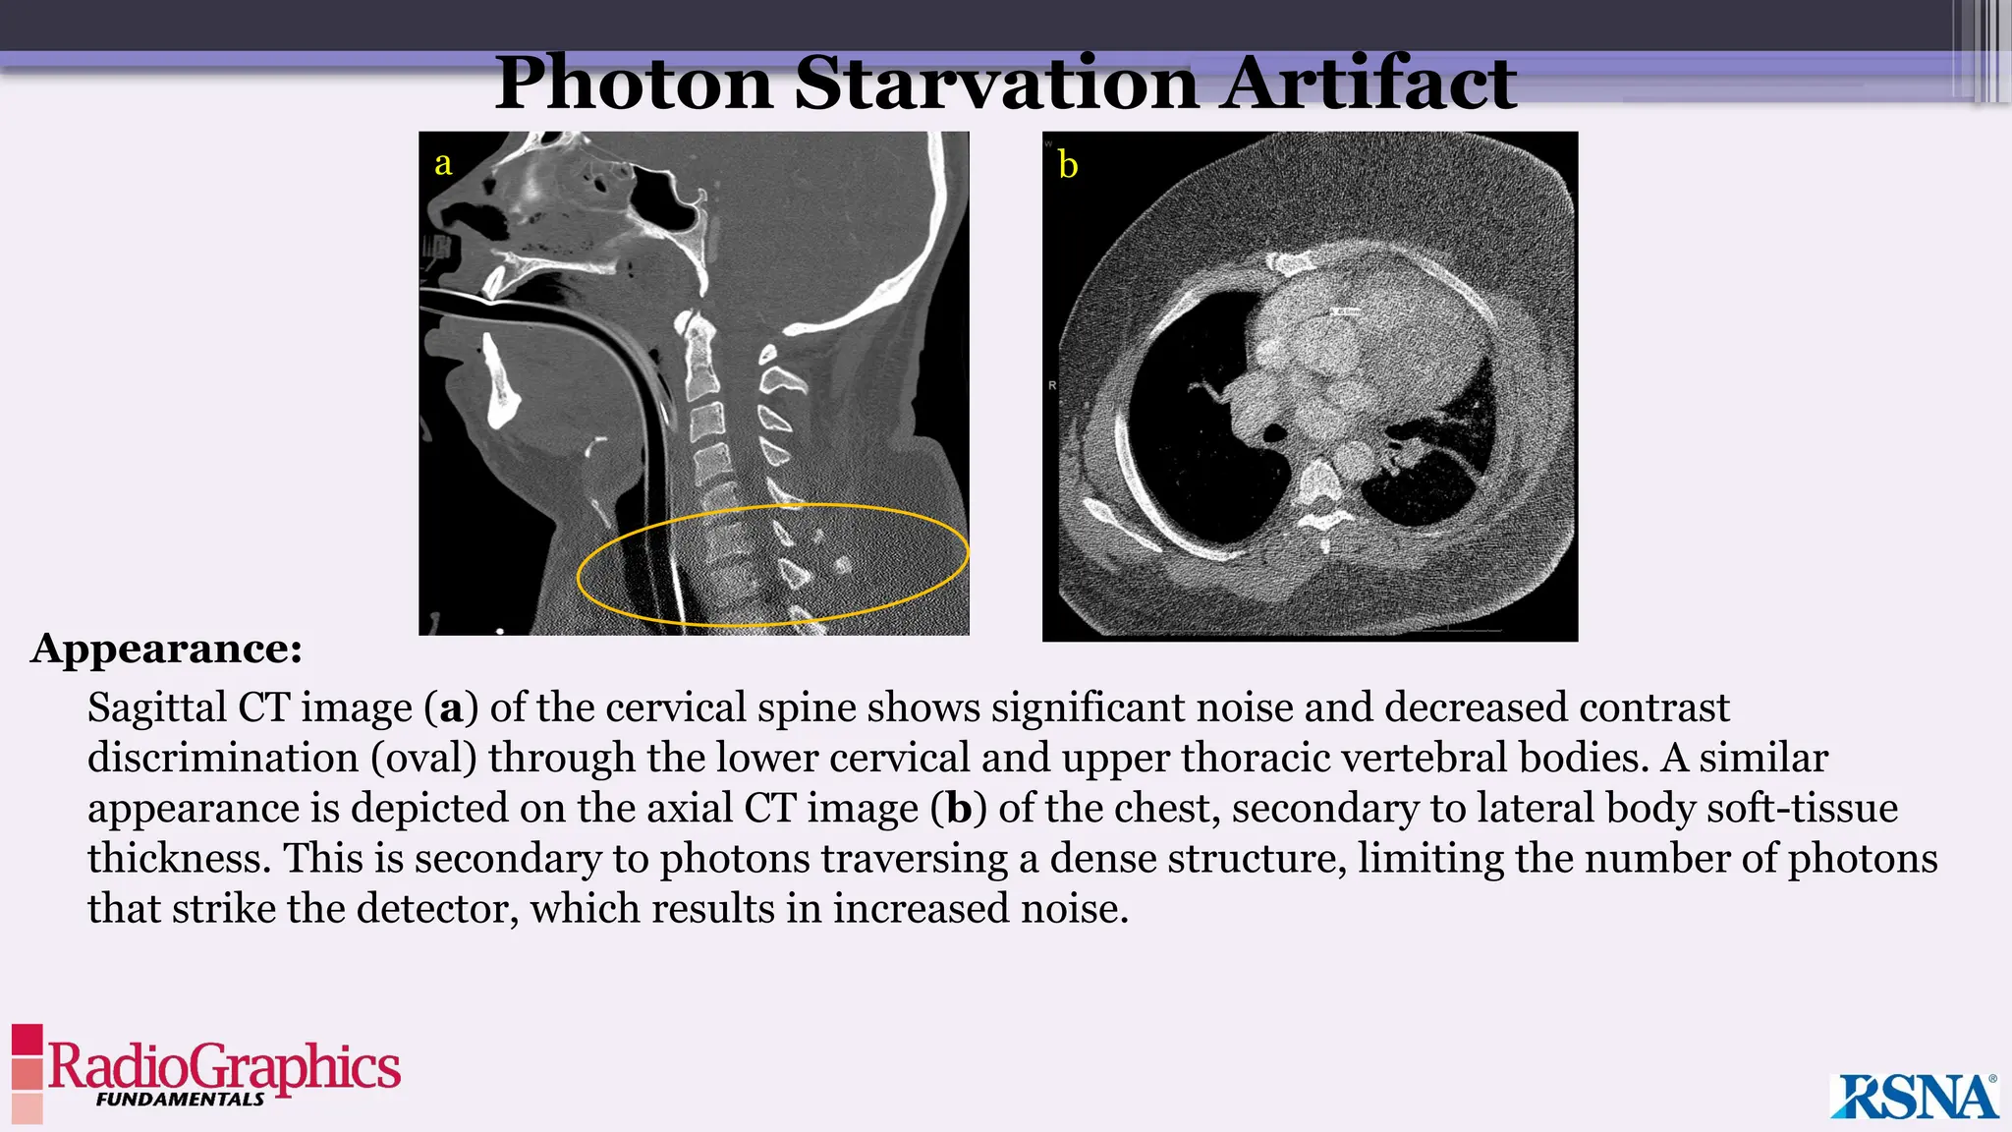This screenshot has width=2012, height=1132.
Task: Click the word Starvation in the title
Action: pyautogui.click(x=995, y=84)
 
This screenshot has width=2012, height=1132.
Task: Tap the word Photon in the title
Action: pyautogui.click(x=634, y=84)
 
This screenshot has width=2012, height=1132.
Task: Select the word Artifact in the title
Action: pyautogui.click(x=1368, y=84)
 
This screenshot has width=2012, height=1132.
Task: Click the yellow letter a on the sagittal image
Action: pyautogui.click(x=443, y=163)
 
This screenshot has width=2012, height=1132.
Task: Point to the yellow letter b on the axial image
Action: pyautogui.click(x=1068, y=165)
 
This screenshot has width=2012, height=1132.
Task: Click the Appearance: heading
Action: pyautogui.click(x=166, y=649)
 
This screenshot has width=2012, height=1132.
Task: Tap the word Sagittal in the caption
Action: pyautogui.click(x=157, y=708)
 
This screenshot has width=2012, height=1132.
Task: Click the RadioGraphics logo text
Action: pyautogui.click(x=224, y=1066)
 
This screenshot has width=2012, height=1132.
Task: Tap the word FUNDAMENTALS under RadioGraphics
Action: pyautogui.click(x=180, y=1100)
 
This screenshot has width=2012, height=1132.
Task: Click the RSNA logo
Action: pyautogui.click(x=1914, y=1097)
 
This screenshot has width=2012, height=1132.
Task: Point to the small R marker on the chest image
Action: pyautogui.click(x=1052, y=385)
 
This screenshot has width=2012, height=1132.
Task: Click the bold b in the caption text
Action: pyautogui.click(x=959, y=809)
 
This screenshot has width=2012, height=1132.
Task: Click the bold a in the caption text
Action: pyautogui.click(x=451, y=708)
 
